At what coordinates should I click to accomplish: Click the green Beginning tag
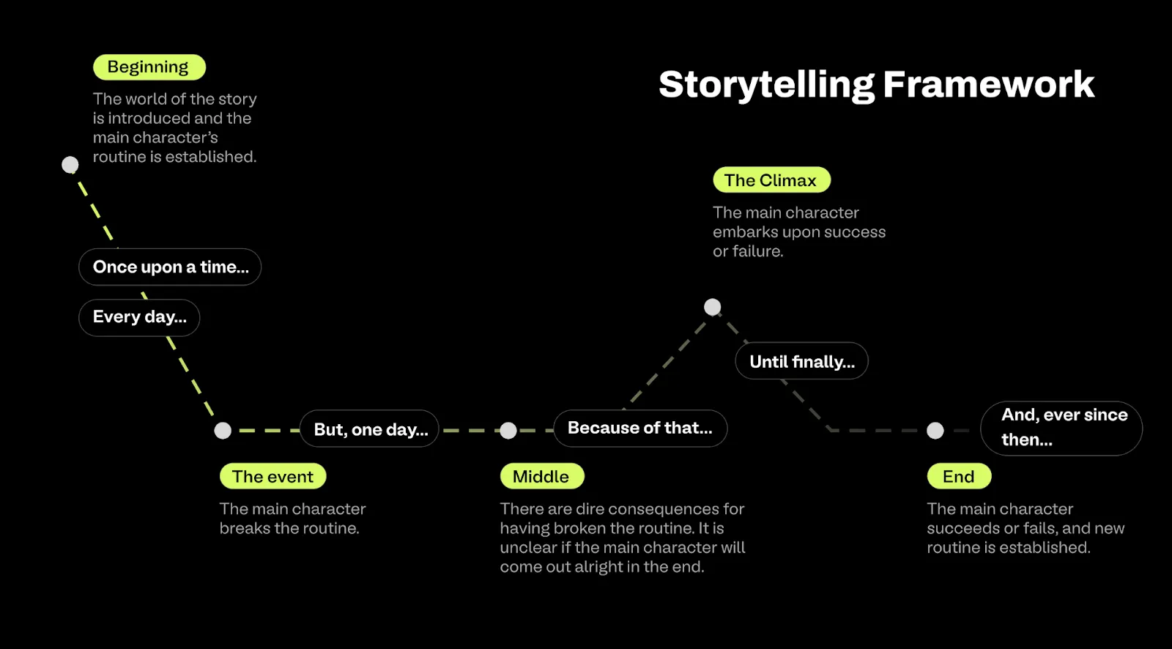pyautogui.click(x=149, y=67)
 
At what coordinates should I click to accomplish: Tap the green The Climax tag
pyautogui.click(x=771, y=180)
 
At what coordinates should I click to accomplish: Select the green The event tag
pyautogui.click(x=272, y=477)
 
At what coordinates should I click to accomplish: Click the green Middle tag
pyautogui.click(x=541, y=477)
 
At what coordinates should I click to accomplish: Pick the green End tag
pyautogui.click(x=958, y=477)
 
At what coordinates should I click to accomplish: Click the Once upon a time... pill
pyautogui.click(x=170, y=267)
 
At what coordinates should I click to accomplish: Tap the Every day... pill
pyautogui.click(x=139, y=317)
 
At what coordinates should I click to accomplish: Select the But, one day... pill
pyautogui.click(x=370, y=429)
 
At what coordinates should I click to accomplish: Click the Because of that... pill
pyautogui.click(x=639, y=428)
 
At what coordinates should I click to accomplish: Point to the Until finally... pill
pyautogui.click(x=801, y=361)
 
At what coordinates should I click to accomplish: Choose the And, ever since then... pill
pyautogui.click(x=1061, y=428)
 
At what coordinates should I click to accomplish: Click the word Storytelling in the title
pyautogui.click(x=766, y=85)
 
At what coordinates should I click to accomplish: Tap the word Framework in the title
pyautogui.click(x=988, y=85)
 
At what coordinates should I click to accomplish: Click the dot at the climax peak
pyautogui.click(x=712, y=307)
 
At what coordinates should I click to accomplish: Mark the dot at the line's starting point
pyautogui.click(x=70, y=165)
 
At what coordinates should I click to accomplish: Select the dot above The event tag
pyautogui.click(x=223, y=431)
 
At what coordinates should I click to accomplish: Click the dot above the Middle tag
pyautogui.click(x=508, y=431)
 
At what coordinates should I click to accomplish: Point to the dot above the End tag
pyautogui.click(x=935, y=431)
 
